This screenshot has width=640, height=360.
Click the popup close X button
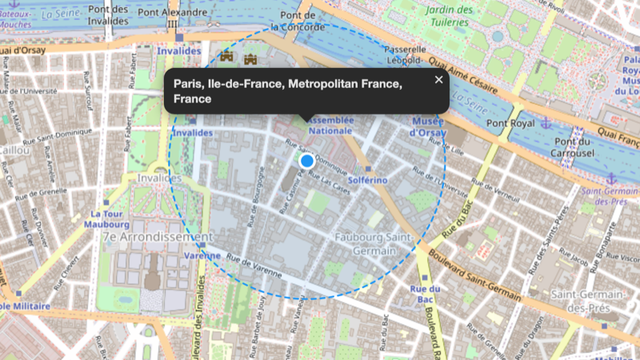(x=438, y=79)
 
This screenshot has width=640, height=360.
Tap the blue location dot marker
(x=306, y=162)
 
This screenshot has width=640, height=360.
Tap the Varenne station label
(x=202, y=255)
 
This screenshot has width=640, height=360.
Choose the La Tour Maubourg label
(x=105, y=219)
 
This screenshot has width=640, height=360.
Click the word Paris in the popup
(x=188, y=84)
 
